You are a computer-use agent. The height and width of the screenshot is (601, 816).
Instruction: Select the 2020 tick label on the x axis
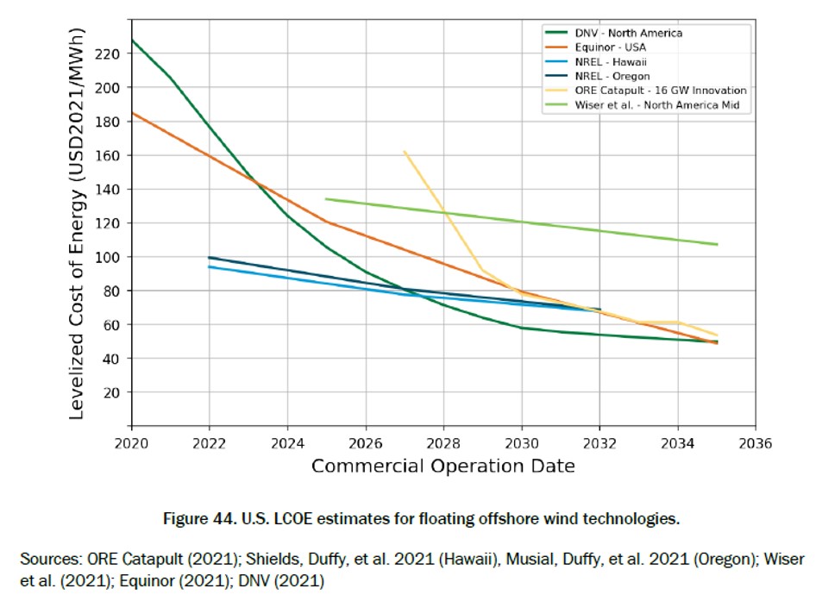(x=131, y=444)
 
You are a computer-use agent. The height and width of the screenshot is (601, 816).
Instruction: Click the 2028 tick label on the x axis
(x=443, y=444)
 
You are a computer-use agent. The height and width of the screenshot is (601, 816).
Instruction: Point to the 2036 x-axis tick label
(x=756, y=444)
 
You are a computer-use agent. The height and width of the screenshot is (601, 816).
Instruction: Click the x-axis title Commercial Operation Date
(x=443, y=466)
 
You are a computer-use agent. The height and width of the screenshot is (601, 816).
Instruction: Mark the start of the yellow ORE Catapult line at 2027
(x=404, y=151)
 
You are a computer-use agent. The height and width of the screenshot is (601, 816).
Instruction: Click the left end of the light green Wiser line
(x=326, y=198)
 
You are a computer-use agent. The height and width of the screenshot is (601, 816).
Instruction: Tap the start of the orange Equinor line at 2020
(x=132, y=112)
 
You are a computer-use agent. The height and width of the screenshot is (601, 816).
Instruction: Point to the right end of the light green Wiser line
(x=717, y=244)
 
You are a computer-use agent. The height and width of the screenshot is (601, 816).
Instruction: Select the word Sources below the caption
(x=48, y=559)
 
